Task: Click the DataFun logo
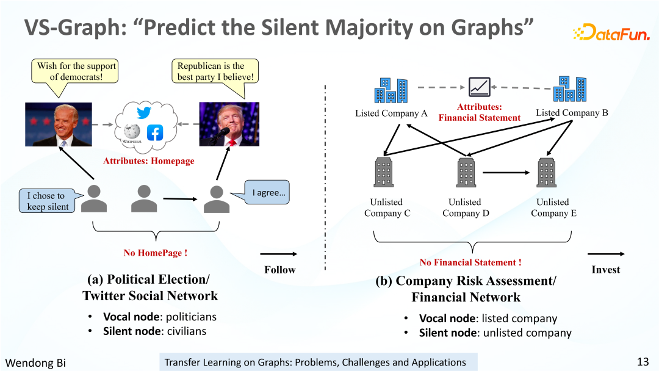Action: pyautogui.click(x=611, y=32)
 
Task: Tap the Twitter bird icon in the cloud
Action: pyautogui.click(x=144, y=113)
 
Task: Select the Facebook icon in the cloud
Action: pyautogui.click(x=155, y=133)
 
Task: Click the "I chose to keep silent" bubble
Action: pyautogui.click(x=50, y=200)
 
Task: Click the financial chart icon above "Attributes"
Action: pyautogui.click(x=480, y=87)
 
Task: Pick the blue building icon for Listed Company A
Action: pyautogui.click(x=391, y=90)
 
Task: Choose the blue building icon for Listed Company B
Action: pyautogui.click(x=570, y=89)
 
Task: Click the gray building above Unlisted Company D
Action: pyautogui.click(x=466, y=172)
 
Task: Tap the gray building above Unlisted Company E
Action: pyautogui.click(x=546, y=172)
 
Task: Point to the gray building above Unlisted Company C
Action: pyautogui.click(x=384, y=172)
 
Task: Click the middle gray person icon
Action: pyautogui.click(x=144, y=199)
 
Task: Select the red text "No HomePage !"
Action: pyautogui.click(x=156, y=253)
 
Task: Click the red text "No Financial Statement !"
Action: pyautogui.click(x=470, y=262)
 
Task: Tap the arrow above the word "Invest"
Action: pyautogui.click(x=606, y=254)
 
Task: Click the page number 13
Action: pyautogui.click(x=643, y=362)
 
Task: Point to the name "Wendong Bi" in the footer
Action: pyautogui.click(x=35, y=362)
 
